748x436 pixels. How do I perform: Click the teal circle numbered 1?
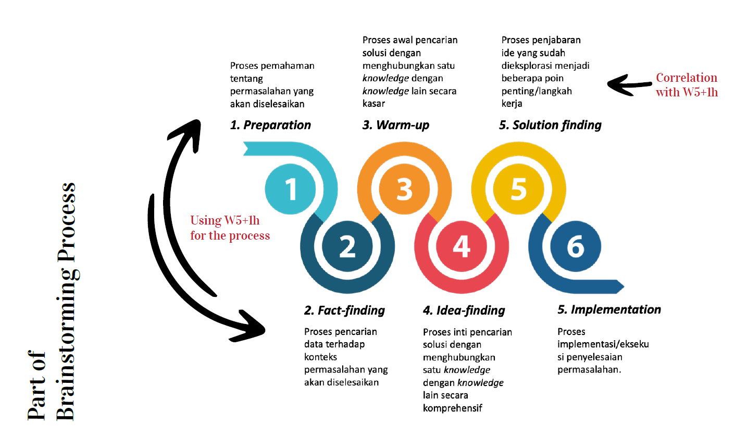pyautogui.click(x=291, y=189)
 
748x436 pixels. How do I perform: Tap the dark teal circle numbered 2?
pyautogui.click(x=347, y=246)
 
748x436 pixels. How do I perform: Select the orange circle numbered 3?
pyautogui.click(x=404, y=189)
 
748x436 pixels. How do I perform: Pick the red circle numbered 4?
pyautogui.click(x=462, y=246)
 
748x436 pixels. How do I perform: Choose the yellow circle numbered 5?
pyautogui.click(x=518, y=189)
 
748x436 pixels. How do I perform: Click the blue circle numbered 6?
pyautogui.click(x=575, y=246)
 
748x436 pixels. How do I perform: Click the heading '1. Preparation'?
pyautogui.click(x=270, y=126)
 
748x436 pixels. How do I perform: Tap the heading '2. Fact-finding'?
pyautogui.click(x=344, y=311)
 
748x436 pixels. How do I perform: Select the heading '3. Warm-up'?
pyautogui.click(x=396, y=126)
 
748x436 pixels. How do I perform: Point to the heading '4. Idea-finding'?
pyautogui.click(x=464, y=311)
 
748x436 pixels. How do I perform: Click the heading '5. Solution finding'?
pyautogui.click(x=550, y=126)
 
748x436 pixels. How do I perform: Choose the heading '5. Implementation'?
pyautogui.click(x=609, y=310)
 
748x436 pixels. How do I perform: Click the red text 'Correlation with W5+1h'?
pyautogui.click(x=687, y=85)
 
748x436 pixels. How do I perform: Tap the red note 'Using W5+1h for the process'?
pyautogui.click(x=230, y=228)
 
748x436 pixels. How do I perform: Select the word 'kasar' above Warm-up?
pyautogui.click(x=375, y=104)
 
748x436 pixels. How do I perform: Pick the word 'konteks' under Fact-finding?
pyautogui.click(x=320, y=357)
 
